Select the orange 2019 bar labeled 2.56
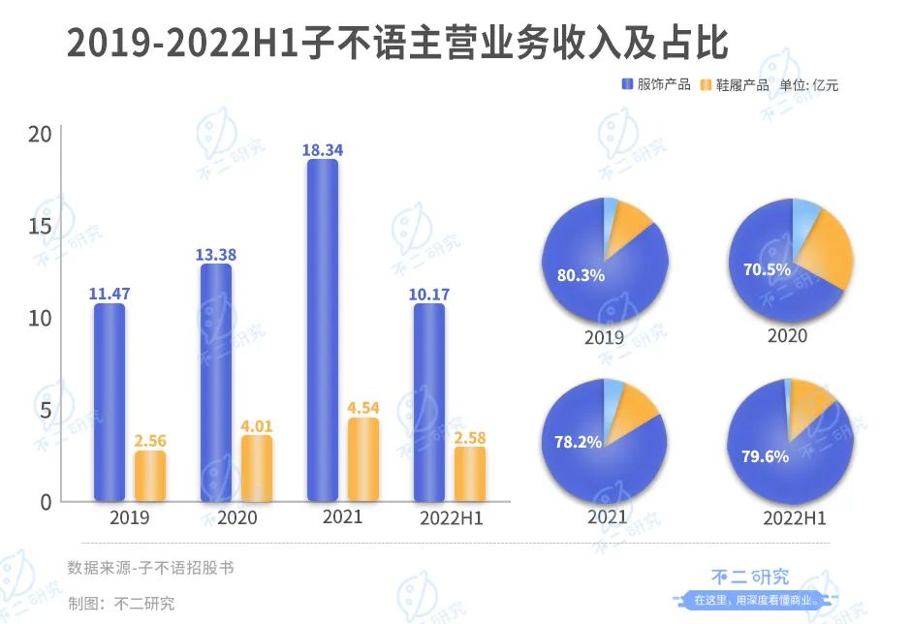[150, 476]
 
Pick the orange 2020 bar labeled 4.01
[257, 468]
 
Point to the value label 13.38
[217, 255]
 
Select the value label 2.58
[470, 438]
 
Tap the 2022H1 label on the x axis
[452, 519]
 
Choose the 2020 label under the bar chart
[237, 518]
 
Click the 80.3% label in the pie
[581, 275]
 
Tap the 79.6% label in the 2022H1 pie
[766, 455]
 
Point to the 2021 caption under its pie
[608, 516]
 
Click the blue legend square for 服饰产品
[627, 85]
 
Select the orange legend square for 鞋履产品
[705, 85]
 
